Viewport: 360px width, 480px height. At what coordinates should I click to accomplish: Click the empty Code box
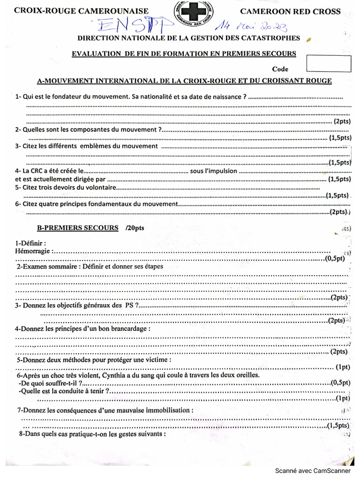(328, 63)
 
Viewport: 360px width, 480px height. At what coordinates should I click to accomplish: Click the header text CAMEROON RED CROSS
(290, 11)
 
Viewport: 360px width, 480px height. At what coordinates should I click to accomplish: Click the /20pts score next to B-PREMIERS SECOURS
(135, 228)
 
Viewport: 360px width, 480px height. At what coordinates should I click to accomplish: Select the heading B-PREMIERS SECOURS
(77, 228)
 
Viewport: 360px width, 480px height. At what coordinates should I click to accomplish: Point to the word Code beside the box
(280, 69)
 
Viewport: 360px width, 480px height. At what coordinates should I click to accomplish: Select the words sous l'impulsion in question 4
(213, 171)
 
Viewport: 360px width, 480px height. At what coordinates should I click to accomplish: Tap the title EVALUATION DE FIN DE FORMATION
(183, 53)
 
